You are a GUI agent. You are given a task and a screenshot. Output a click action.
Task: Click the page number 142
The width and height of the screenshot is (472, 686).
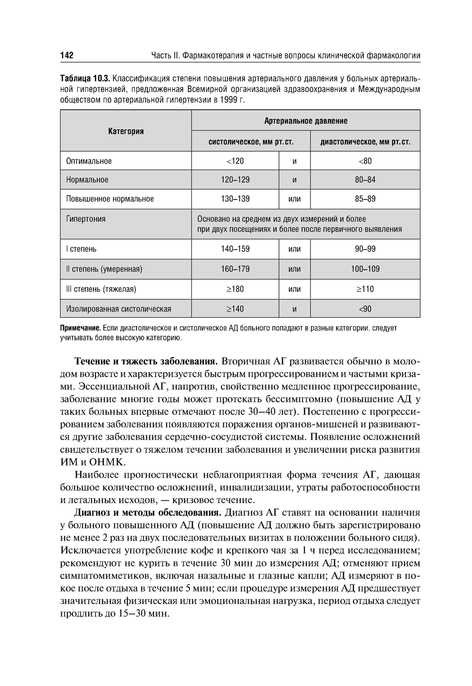(67, 56)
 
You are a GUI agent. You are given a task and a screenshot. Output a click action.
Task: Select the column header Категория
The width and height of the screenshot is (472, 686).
(126, 131)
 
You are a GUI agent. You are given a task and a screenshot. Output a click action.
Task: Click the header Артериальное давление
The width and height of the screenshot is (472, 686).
(305, 121)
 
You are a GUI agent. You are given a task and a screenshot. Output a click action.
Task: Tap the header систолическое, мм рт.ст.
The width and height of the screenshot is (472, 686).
(251, 141)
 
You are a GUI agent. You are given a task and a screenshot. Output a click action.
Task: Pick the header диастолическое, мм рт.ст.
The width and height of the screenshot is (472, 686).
(365, 141)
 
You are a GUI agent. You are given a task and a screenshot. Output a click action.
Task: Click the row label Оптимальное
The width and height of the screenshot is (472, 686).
(89, 161)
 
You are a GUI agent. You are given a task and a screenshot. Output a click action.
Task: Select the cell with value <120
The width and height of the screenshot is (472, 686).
(235, 161)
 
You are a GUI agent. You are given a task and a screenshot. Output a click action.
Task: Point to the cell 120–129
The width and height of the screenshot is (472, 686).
(235, 180)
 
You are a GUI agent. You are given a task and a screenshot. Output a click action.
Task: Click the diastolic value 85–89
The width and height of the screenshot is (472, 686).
(365, 199)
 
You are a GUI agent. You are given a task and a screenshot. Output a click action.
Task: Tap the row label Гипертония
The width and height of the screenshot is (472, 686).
(86, 219)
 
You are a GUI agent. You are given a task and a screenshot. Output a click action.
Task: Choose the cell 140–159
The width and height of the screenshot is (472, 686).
(235, 249)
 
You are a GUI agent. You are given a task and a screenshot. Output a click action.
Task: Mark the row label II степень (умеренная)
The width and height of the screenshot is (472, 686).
(104, 269)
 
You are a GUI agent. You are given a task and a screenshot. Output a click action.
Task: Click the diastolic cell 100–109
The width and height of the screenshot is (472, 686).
(365, 269)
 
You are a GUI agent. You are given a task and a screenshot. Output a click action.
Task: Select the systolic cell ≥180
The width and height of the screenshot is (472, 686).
(235, 289)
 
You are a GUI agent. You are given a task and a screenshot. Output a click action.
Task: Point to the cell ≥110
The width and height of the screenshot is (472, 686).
(365, 289)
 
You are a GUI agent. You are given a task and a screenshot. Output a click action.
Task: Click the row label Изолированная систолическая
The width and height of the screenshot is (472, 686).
(118, 309)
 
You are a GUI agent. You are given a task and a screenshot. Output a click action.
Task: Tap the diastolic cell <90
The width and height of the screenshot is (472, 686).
(365, 309)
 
